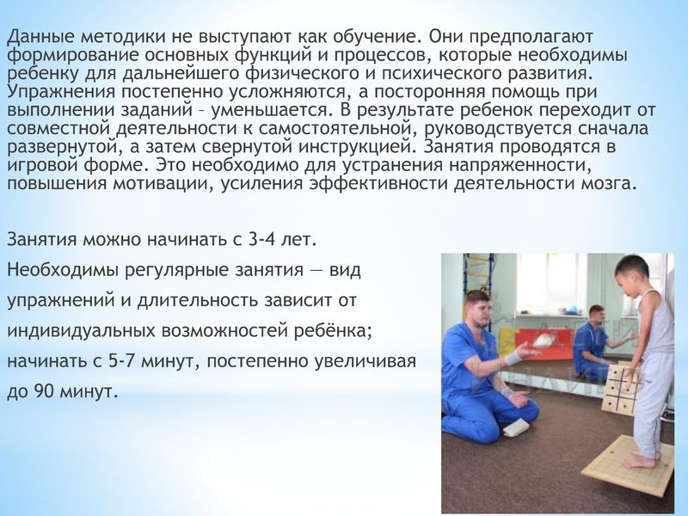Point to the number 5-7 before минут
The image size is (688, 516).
(120, 361)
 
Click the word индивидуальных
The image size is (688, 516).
(81, 331)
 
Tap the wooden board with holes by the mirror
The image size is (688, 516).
(621, 387)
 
